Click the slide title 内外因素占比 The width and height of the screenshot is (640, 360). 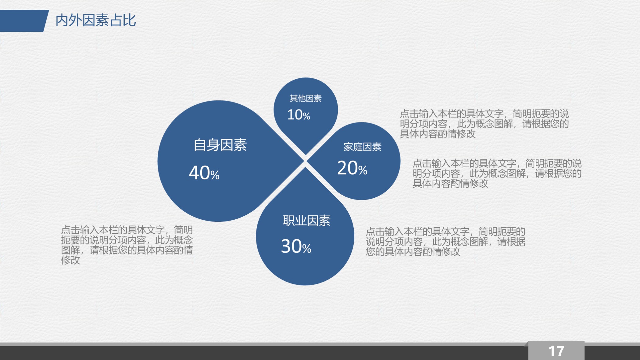point(95,20)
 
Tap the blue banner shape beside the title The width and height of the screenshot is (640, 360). point(23,21)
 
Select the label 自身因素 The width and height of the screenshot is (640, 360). point(220,145)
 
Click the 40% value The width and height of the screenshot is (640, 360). point(204,173)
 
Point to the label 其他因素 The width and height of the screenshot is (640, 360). point(306,98)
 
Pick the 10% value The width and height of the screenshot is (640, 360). point(298,115)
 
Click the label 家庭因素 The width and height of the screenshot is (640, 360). point(362,147)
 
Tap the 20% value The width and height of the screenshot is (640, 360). point(352,168)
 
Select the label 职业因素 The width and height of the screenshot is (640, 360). point(306,220)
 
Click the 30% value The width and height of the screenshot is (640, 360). point(296,247)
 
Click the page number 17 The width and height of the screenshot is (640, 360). point(556,351)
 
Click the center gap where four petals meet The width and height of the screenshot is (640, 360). point(305,161)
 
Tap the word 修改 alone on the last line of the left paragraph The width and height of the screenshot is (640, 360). point(70,260)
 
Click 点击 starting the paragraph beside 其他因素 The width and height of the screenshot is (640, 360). point(409,114)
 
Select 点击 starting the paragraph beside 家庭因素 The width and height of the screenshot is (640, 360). point(422,164)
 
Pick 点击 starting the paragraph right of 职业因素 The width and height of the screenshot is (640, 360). point(375,232)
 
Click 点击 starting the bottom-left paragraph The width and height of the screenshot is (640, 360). point(70,230)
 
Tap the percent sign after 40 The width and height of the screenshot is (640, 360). point(215,175)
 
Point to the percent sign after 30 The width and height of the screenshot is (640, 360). point(307,249)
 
